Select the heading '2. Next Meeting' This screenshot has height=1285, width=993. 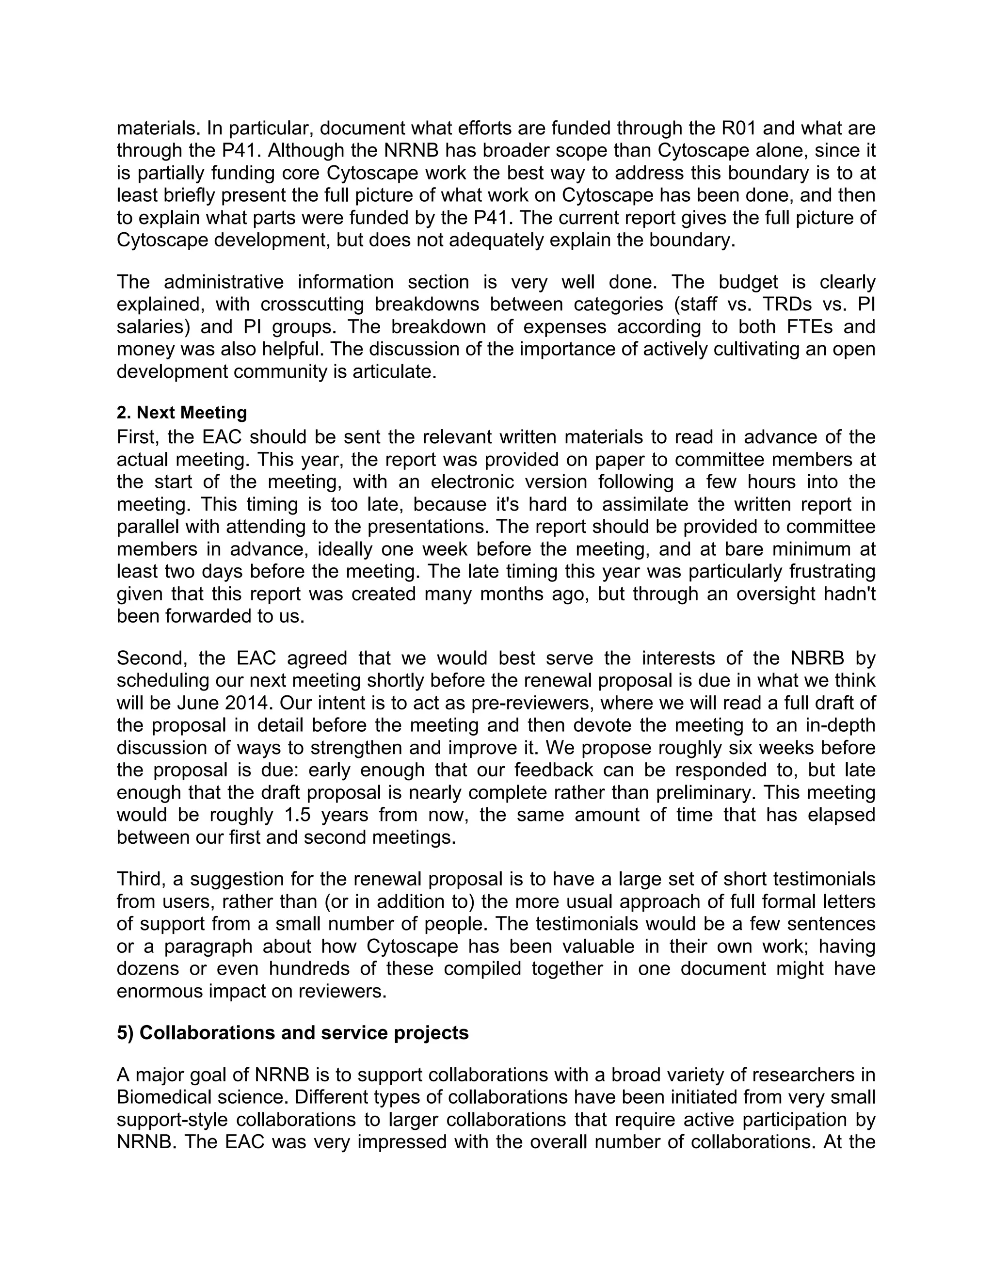(x=182, y=413)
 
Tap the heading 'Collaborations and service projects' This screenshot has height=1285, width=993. (x=304, y=1032)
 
